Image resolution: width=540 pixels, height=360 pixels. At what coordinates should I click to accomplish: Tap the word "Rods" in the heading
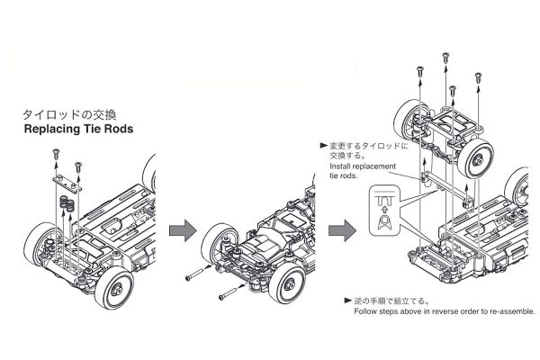coord(118,130)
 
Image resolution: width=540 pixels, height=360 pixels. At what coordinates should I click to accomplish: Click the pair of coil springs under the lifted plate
coord(67,205)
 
